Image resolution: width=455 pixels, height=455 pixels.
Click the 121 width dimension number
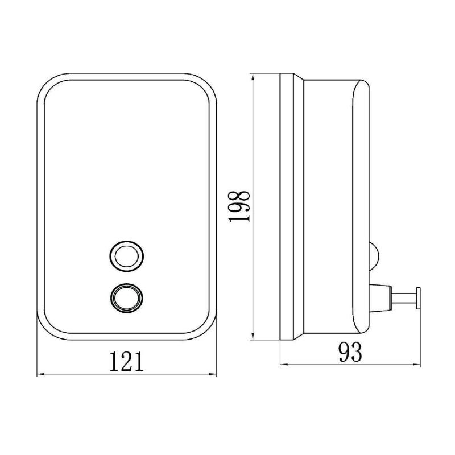(x=126, y=362)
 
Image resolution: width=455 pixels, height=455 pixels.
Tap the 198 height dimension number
(x=239, y=206)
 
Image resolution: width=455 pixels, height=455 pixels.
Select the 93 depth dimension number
(x=350, y=352)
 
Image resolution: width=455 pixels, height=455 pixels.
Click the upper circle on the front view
(x=127, y=257)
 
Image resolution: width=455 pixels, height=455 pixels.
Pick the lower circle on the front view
(x=127, y=298)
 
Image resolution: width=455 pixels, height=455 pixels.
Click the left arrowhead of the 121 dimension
(x=40, y=374)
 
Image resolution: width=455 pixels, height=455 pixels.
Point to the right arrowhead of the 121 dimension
(x=213, y=374)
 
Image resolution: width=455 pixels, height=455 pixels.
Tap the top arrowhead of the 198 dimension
(x=254, y=77)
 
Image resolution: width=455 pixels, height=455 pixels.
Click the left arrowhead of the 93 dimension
(x=284, y=364)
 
